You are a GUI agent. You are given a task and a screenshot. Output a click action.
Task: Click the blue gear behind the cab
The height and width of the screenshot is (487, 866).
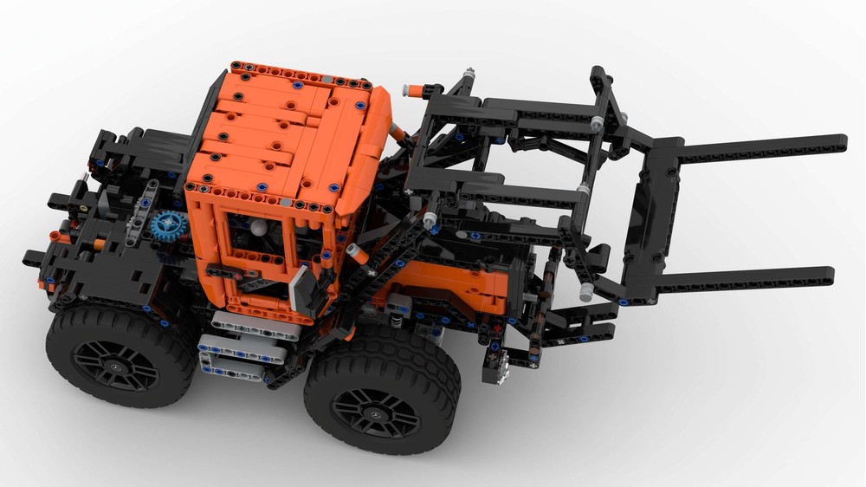point(167,225)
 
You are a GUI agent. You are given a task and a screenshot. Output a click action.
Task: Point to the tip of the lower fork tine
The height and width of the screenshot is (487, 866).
point(829,276)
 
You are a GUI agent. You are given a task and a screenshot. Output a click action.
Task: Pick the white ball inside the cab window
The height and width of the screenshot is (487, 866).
point(258,228)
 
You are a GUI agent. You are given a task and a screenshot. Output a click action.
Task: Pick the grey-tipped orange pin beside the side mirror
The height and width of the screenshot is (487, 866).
point(354,254)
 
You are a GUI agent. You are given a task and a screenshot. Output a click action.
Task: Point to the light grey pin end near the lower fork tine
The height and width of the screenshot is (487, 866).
point(586,292)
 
